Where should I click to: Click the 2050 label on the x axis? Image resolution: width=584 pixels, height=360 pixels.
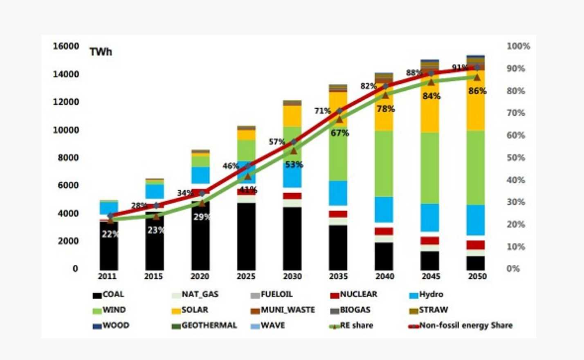pos(477,277)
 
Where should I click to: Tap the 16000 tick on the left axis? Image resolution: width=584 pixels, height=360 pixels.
pos(66,46)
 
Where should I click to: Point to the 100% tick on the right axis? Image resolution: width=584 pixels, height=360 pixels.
pos(518,46)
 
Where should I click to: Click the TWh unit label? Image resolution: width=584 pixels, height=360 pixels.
pos(101,52)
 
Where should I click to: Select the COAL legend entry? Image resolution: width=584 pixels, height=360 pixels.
pos(108,295)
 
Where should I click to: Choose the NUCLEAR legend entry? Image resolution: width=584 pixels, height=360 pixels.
pos(354,295)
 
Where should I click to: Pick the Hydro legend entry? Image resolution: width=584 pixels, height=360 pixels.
pos(426,295)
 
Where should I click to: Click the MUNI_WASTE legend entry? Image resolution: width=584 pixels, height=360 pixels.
pos(283,310)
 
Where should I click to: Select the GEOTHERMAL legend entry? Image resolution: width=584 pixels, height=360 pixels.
pos(204,326)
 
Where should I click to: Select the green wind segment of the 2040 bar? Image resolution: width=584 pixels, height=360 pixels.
pos(384,163)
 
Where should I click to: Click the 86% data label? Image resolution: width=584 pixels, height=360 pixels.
pos(477,91)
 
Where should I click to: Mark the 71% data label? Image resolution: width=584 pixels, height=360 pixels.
pos(322,111)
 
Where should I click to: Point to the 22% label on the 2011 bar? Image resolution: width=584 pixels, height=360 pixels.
pos(110,234)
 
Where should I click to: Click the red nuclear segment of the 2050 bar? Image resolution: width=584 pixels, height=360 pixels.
pos(476,245)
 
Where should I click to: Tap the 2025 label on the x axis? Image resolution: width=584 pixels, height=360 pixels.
pos(246,277)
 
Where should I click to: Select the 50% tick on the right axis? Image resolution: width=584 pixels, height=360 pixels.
pos(516,158)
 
